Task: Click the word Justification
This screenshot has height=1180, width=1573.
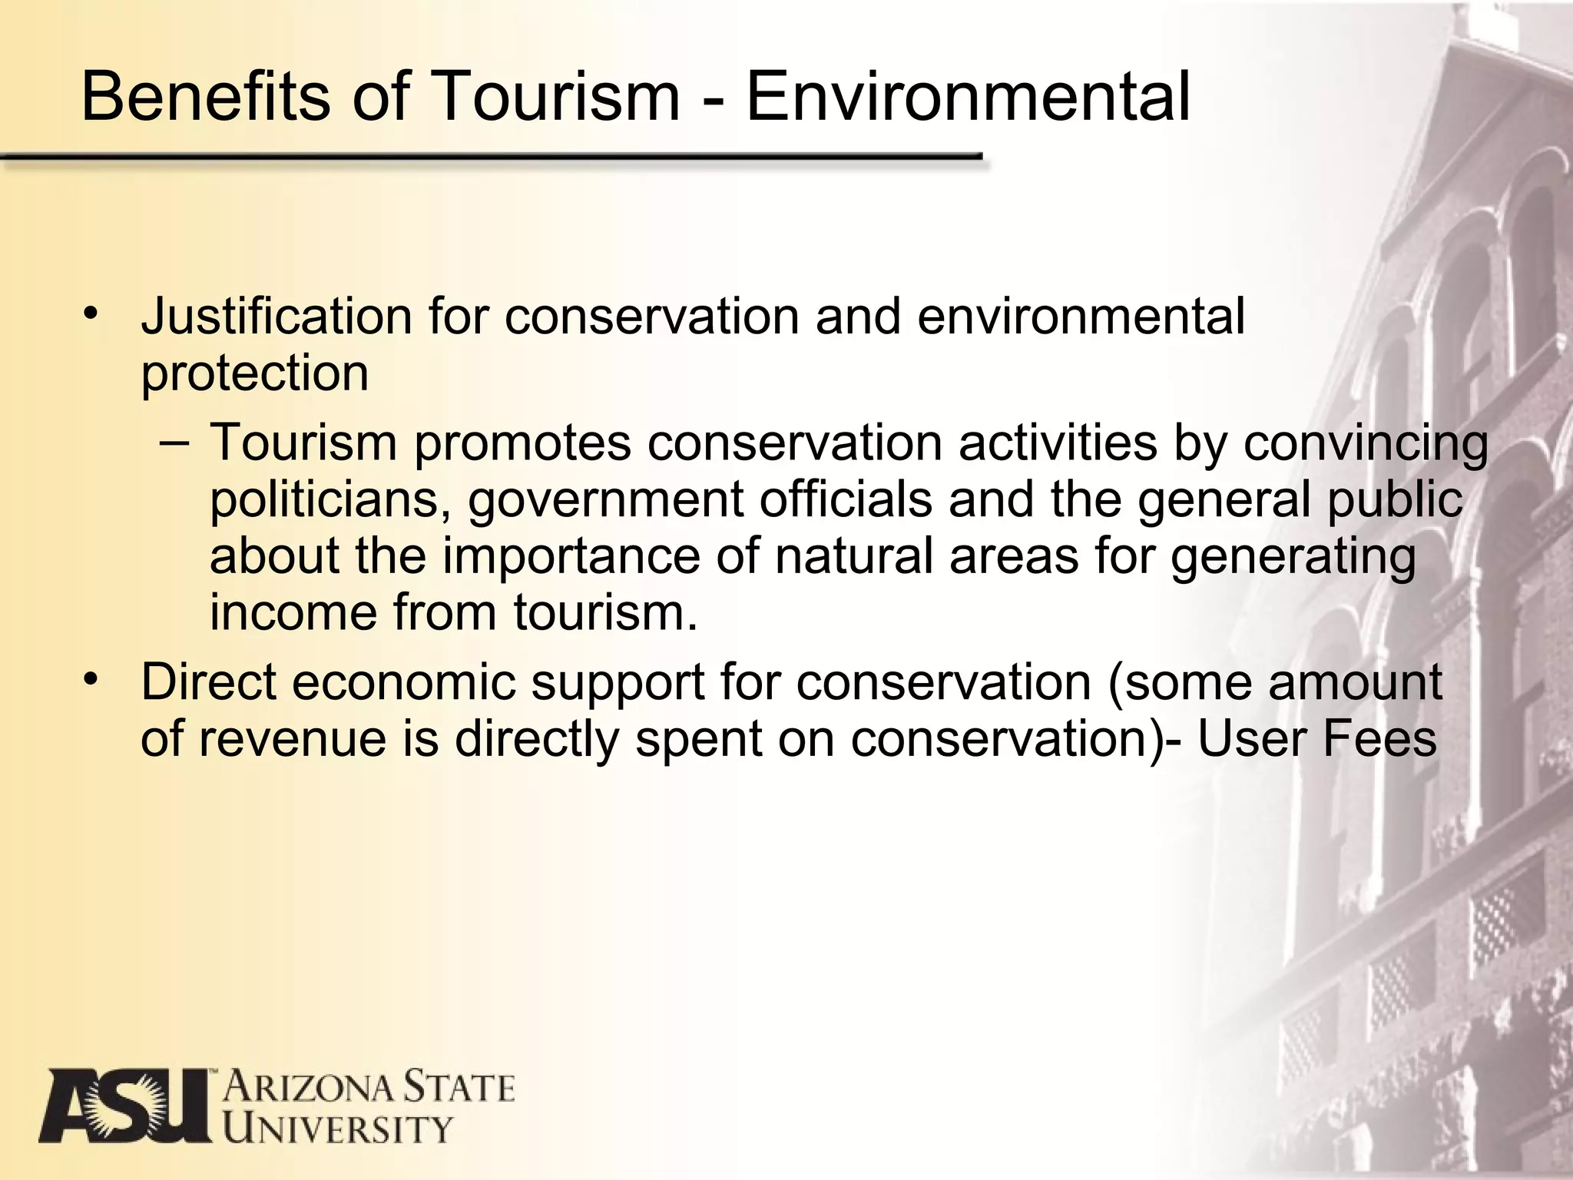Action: point(277,317)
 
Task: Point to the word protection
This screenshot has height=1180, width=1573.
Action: point(254,373)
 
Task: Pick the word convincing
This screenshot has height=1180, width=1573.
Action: point(1366,444)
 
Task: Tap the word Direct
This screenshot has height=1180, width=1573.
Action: point(208,682)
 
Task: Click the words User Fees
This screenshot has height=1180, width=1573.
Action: point(1316,739)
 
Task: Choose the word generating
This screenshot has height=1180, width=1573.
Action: point(1293,558)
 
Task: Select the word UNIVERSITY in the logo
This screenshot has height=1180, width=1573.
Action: point(336,1129)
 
